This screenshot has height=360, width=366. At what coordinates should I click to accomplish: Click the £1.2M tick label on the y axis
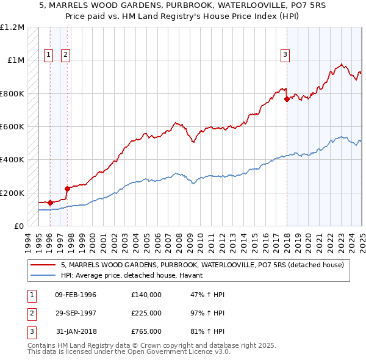pos(12,27)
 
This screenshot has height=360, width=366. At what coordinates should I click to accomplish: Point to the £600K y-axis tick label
pos(12,127)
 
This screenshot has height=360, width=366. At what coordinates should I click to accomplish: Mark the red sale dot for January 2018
pos(287,99)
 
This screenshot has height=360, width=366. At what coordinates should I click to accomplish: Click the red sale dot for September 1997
pos(67,189)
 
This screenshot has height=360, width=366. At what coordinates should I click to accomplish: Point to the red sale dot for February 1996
pos(50,203)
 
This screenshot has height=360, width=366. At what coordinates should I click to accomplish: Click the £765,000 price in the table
pos(146,331)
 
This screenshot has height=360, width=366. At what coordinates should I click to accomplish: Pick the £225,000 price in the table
pos(146,313)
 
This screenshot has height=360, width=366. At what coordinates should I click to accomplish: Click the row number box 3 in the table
pos(30,331)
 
